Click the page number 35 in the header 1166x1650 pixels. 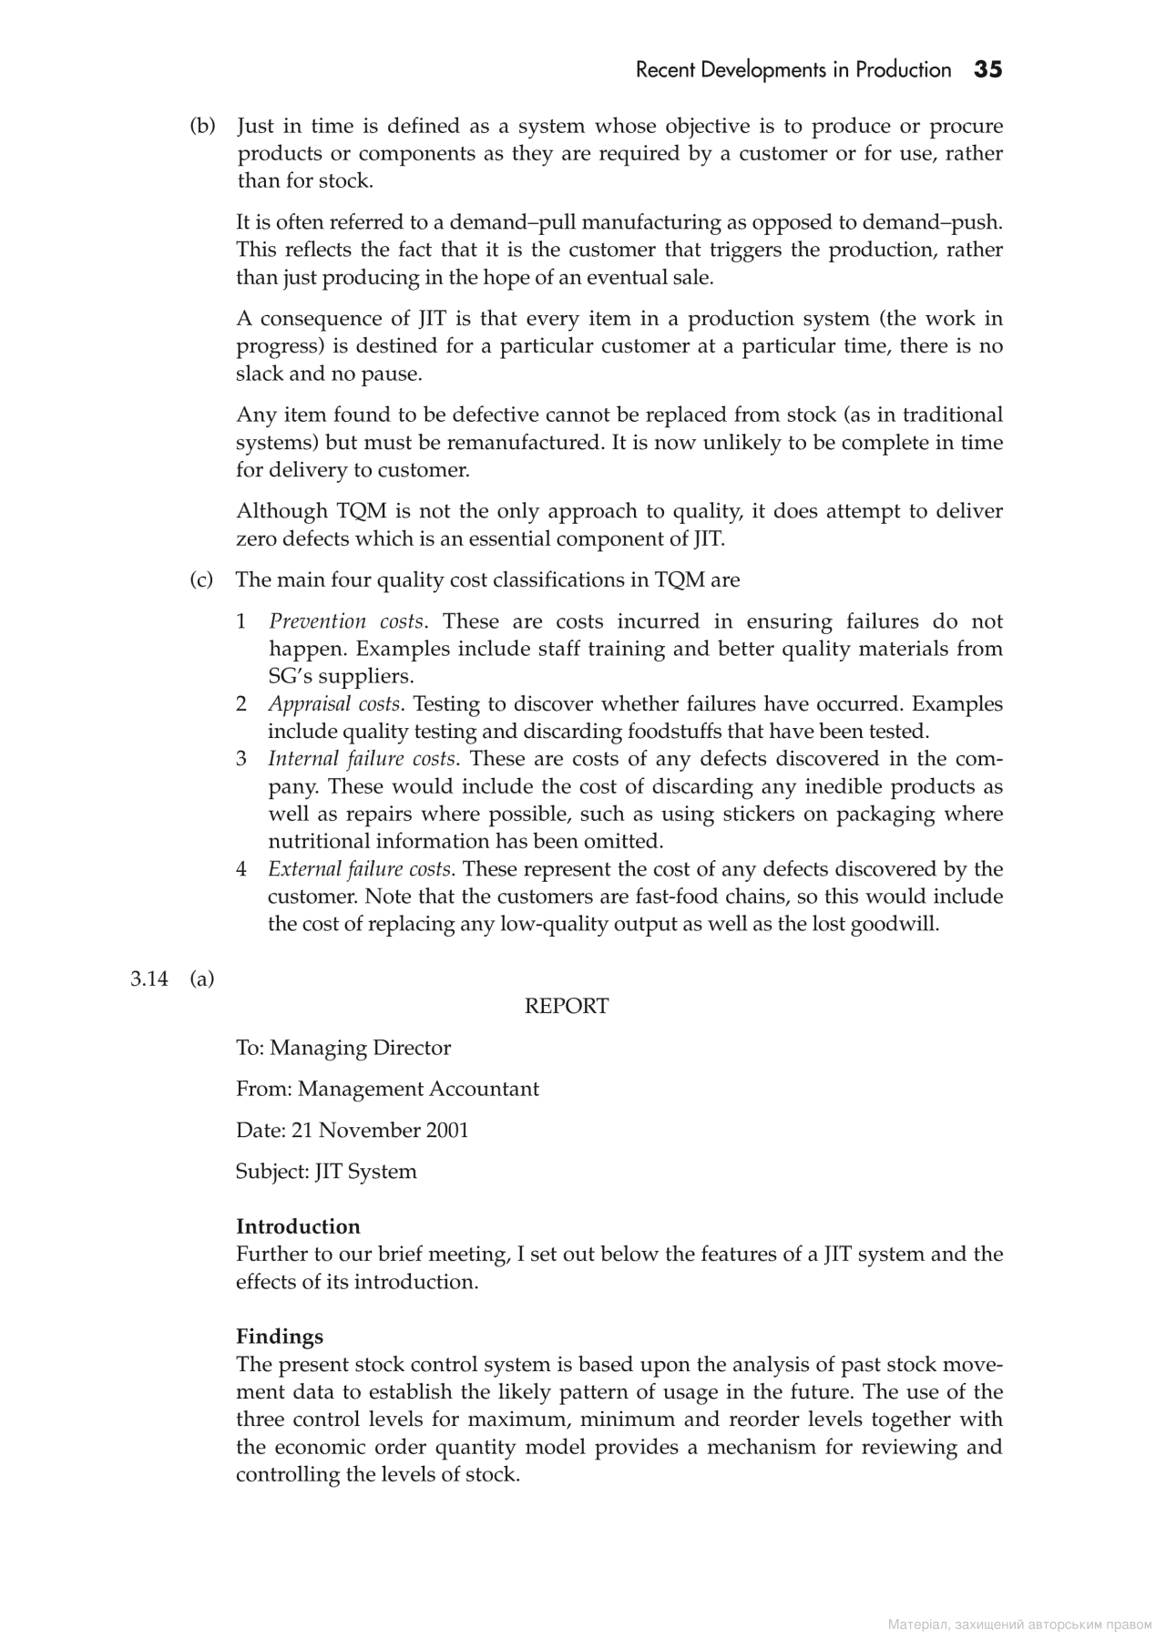987,70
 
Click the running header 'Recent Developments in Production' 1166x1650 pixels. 793,70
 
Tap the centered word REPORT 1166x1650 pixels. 567,1006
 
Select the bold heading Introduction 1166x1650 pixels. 298,1226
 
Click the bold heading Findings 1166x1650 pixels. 280,1337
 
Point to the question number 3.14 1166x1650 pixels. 149,979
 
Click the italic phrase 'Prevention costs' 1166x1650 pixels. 346,621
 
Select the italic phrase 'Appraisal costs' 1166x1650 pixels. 334,704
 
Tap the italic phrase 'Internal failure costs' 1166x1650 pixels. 361,759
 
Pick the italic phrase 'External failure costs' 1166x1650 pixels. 360,869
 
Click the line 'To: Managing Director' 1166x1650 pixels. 343,1048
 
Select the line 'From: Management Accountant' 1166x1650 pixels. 387,1089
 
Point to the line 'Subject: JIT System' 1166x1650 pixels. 326,1172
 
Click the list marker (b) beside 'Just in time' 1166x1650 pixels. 202,126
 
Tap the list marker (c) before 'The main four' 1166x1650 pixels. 201,580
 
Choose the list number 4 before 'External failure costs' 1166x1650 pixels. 241,869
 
